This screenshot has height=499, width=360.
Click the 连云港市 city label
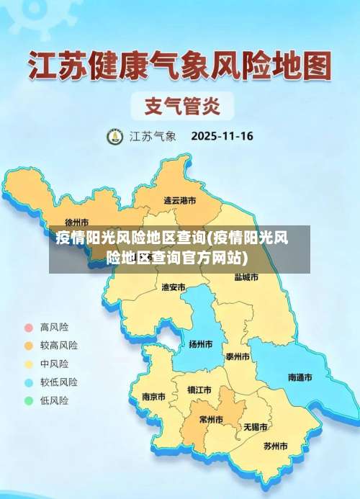coord(180,200)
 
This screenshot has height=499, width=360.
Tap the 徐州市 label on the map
coord(76,222)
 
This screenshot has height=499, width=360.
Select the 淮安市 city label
coord(174,287)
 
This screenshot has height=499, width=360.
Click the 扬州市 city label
coord(200,344)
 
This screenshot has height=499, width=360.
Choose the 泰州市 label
coord(238,356)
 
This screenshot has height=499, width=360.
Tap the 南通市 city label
coord(300,377)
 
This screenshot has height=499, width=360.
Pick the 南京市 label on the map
coord(153,397)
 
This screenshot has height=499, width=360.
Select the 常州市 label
coord(211,420)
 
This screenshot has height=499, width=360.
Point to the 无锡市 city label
coord(256,427)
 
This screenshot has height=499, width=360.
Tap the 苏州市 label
coord(275,446)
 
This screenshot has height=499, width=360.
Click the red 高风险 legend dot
coord(29,327)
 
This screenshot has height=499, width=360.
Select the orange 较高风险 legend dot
coord(29,345)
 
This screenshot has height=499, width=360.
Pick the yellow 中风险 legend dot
coord(29,364)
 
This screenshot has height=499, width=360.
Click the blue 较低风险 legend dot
coord(29,382)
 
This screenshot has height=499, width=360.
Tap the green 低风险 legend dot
coord(29,400)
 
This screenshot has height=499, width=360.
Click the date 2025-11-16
coord(222,135)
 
